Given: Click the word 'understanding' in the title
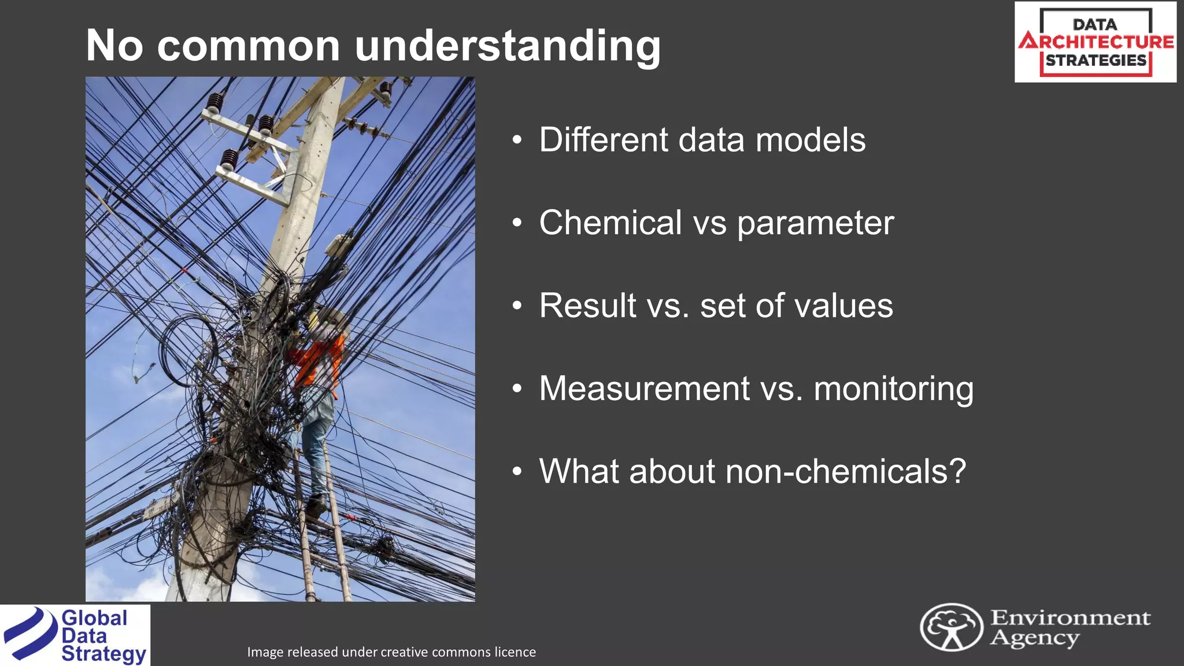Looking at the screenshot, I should (507, 46).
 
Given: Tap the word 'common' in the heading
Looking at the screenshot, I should (249, 46).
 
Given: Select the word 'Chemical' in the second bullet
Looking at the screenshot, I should (610, 223).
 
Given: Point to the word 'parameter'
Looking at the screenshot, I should (815, 224).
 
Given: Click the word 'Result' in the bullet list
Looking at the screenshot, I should (587, 305).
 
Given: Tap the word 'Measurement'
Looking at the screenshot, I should (644, 388).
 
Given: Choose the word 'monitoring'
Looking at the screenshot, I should (894, 389).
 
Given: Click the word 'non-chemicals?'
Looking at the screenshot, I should (846, 471).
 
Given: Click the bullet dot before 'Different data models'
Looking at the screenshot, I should (517, 140).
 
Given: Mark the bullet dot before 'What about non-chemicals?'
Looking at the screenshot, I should (517, 472).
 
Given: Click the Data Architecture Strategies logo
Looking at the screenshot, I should (1095, 42).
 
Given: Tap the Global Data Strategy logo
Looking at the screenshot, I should (75, 635).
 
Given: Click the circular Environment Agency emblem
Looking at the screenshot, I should (951, 627).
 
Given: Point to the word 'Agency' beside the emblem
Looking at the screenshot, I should (1034, 638).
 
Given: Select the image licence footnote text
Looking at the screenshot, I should (391, 652).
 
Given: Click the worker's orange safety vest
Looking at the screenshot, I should (318, 361).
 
